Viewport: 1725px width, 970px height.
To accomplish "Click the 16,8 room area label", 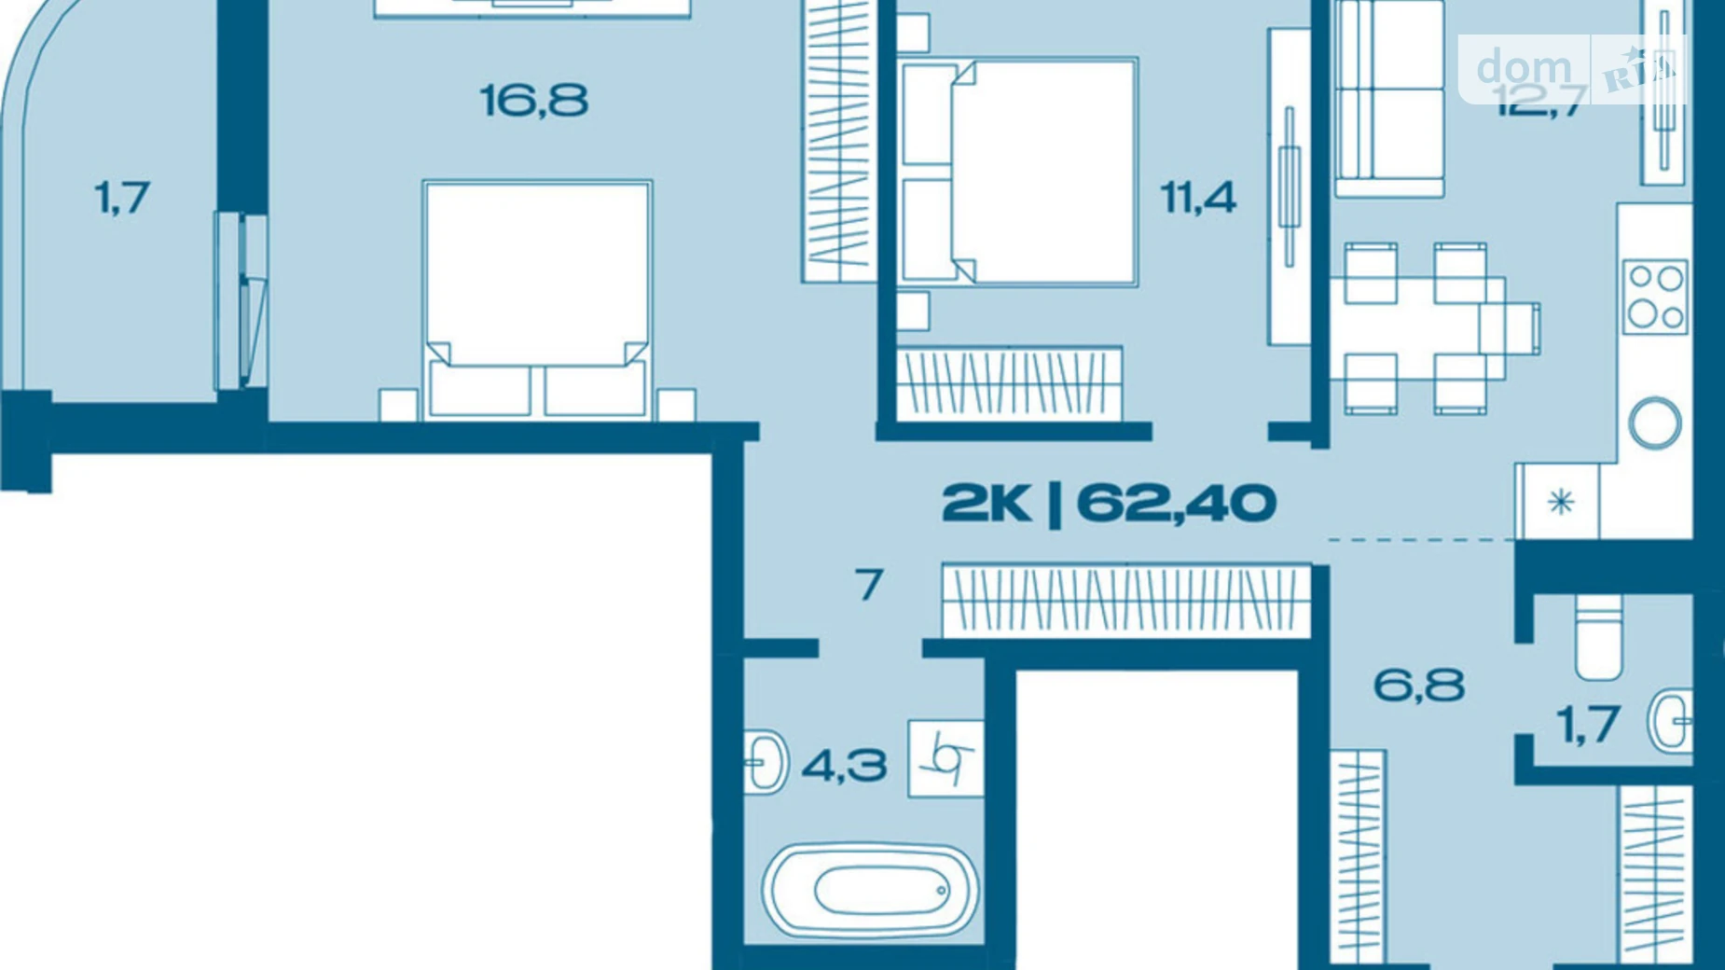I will (533, 101).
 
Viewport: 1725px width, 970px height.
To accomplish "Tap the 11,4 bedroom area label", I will (1197, 198).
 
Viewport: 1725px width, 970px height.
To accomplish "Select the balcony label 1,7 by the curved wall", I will (122, 198).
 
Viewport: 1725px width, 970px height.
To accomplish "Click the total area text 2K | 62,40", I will (1108, 504).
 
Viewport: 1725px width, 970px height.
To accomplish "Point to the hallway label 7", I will (868, 586).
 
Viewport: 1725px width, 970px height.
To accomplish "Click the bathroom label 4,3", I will (844, 767).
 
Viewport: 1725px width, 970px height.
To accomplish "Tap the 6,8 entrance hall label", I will (1418, 686).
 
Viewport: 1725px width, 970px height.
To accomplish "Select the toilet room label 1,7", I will (1588, 725).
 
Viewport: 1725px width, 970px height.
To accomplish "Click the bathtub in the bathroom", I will (870, 891).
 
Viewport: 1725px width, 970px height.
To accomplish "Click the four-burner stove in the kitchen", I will (1655, 297).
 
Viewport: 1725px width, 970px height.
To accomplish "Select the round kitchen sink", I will (1655, 423).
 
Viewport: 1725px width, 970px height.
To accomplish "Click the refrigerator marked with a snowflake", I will (1560, 503).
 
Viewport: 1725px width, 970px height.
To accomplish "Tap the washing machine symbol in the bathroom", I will (945, 759).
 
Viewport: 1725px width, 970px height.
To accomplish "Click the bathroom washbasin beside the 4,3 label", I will (766, 762).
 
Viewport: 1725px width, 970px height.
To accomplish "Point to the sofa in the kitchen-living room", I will (1389, 98).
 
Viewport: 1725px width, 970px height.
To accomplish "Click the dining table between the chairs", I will (1427, 328).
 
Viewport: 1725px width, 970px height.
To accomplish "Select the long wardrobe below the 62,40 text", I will (1125, 601).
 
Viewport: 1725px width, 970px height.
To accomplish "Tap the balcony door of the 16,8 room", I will (242, 301).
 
